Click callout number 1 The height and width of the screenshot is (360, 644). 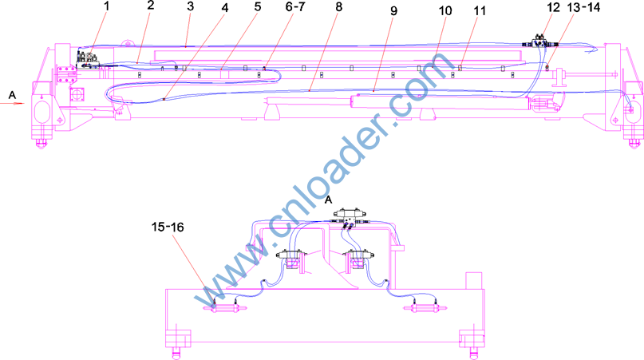[108, 6]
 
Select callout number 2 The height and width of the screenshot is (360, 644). [151, 6]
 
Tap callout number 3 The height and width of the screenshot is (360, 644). [190, 6]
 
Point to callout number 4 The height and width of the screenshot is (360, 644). [224, 8]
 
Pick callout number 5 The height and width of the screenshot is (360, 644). [258, 6]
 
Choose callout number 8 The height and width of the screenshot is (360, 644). [338, 7]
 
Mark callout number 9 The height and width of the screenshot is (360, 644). [394, 10]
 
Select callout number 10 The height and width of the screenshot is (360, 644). [445, 10]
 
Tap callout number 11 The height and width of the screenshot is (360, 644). [480, 10]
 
